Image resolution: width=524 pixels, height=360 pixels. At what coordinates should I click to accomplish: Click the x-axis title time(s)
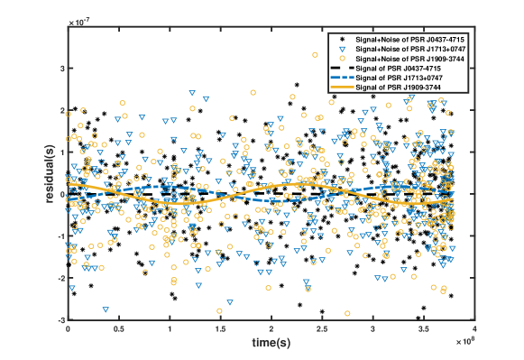[x=271, y=345]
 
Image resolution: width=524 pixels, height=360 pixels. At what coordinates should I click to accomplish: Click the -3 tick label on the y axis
[x=59, y=320]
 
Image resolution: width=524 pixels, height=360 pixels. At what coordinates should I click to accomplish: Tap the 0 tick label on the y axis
[x=60, y=194]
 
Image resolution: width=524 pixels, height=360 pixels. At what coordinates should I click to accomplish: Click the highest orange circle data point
[x=315, y=55]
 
